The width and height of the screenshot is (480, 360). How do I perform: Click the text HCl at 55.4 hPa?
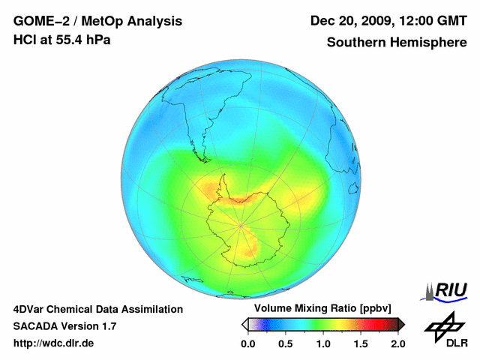pyautogui.click(x=61, y=40)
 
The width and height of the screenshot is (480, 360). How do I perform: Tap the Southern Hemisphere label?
pyautogui.click(x=397, y=43)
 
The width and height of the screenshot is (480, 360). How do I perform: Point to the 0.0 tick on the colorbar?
pyautogui.click(x=247, y=343)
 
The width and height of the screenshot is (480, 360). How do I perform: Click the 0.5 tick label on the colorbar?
pyautogui.click(x=285, y=343)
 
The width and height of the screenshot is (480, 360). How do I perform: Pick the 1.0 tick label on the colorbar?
pyautogui.click(x=323, y=343)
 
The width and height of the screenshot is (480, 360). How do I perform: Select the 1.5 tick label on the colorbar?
pyautogui.click(x=361, y=343)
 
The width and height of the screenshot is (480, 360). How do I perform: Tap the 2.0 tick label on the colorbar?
pyautogui.click(x=397, y=343)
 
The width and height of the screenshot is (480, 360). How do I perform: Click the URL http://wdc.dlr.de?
pyautogui.click(x=54, y=343)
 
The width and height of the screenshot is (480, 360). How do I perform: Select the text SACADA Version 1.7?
pyautogui.click(x=64, y=326)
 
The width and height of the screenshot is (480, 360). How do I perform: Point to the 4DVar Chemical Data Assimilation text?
pyautogui.click(x=97, y=309)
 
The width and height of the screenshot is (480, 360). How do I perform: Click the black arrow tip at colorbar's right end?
pyautogui.click(x=401, y=324)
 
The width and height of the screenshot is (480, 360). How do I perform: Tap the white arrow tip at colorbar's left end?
pyautogui.click(x=244, y=324)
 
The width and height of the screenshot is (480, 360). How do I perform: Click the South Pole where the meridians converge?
pyautogui.click(x=240, y=223)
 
